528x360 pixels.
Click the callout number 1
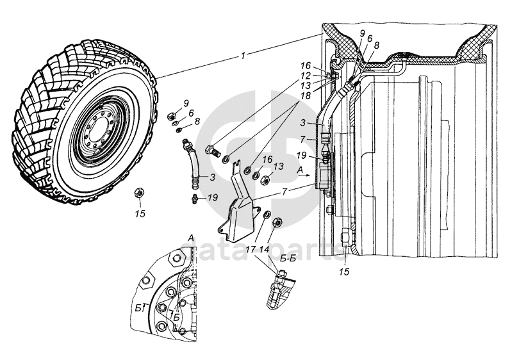coord(243,56)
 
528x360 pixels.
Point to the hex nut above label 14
coord(278,222)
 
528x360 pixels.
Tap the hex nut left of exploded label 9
coord(172,117)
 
